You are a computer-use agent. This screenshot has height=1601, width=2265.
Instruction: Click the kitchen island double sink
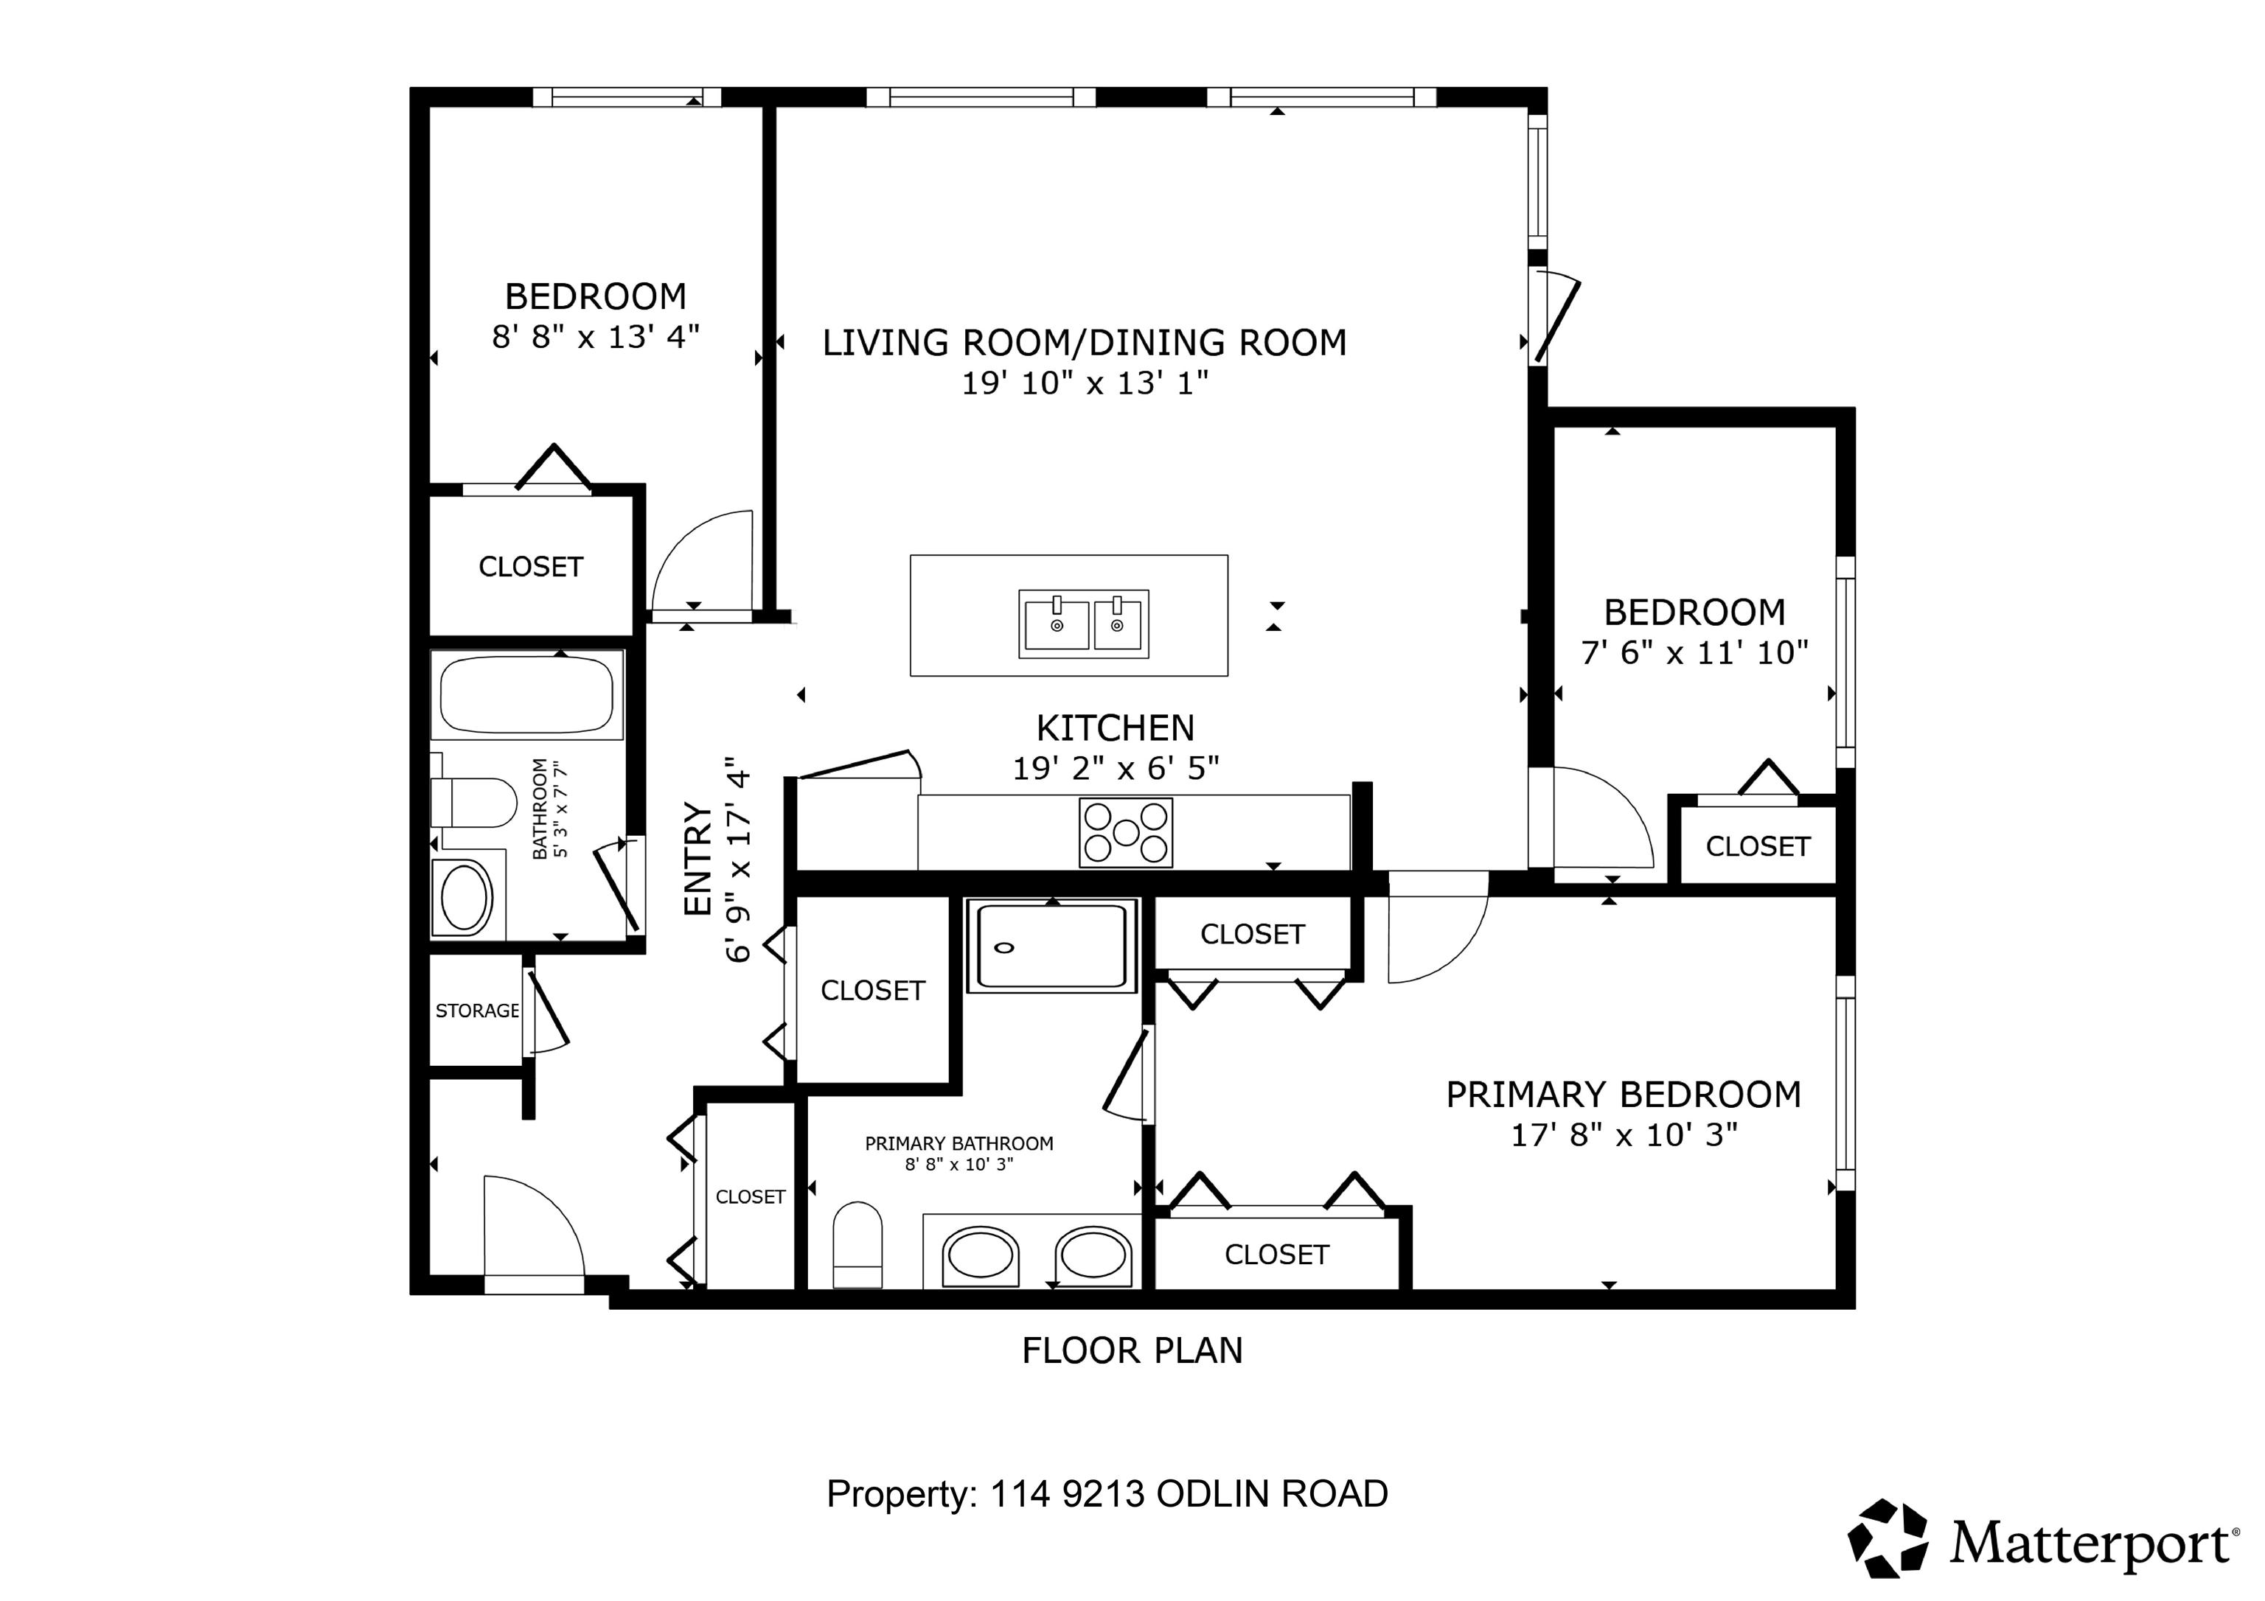pos(1083,624)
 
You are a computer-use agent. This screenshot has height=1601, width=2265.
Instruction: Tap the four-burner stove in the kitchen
pos(1126,832)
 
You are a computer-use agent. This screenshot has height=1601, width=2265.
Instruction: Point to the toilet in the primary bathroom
pos(857,1244)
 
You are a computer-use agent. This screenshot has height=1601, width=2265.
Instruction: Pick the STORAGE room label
pos(478,1011)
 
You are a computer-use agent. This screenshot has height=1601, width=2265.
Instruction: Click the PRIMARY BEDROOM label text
pos(1624,1095)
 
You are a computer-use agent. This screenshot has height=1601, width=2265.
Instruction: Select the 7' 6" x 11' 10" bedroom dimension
pos(1695,652)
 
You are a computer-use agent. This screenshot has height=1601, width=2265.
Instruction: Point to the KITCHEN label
pos(1115,728)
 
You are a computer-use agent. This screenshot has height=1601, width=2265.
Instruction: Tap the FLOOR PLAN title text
pos(1132,1350)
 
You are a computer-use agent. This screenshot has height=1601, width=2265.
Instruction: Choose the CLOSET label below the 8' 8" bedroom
pos(531,568)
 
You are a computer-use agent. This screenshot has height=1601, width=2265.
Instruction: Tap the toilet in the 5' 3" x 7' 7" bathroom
pos(473,802)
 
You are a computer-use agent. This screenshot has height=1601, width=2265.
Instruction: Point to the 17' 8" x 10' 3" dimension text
pos(1624,1135)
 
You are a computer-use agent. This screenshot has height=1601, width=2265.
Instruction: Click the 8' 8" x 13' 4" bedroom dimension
pos(596,338)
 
